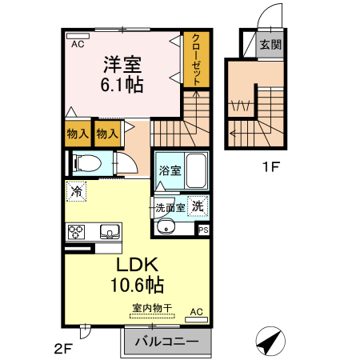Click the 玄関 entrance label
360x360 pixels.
tap(270, 46)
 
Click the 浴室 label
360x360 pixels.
tap(170, 170)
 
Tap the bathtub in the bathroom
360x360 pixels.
tap(194, 170)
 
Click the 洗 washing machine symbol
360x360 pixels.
tap(198, 205)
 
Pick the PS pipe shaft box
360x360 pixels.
tap(203, 230)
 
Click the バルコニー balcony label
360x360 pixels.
tap(166, 342)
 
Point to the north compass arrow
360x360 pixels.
tap(270, 342)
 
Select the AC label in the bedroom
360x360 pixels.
tap(77, 45)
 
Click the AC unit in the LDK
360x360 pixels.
tap(197, 314)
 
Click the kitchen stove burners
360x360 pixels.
tap(78, 232)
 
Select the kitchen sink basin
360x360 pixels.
tap(109, 232)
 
